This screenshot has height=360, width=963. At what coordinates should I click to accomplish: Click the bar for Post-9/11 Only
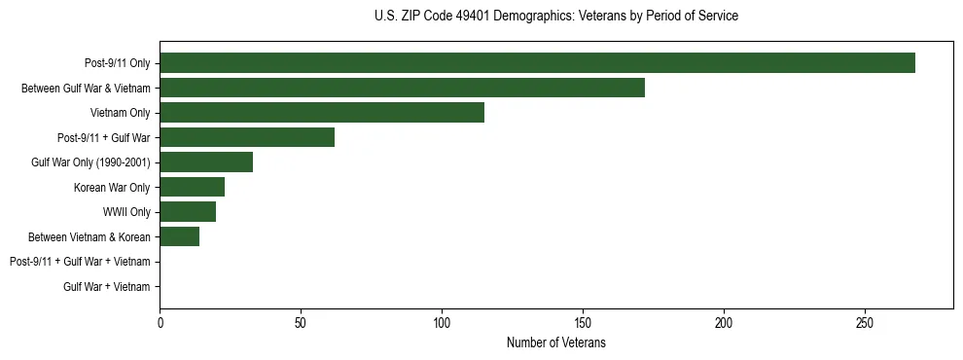click(537, 63)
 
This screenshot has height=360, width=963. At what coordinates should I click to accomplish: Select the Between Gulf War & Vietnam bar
click(402, 88)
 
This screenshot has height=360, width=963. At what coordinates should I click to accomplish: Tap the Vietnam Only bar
click(322, 113)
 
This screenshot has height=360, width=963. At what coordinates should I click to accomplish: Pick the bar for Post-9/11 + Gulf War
click(247, 137)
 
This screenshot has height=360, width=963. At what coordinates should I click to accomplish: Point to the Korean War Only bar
click(193, 187)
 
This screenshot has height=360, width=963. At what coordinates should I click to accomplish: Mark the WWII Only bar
click(188, 211)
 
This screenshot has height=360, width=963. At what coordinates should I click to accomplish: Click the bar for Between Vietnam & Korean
click(180, 236)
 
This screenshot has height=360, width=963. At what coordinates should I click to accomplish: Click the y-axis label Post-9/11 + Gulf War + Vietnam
click(80, 262)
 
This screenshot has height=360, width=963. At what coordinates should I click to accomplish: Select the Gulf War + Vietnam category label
click(107, 286)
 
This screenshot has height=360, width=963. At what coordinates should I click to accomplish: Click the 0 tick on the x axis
click(160, 322)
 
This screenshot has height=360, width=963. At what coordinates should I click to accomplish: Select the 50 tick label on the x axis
click(301, 322)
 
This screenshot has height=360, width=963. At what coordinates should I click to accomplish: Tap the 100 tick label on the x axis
click(442, 322)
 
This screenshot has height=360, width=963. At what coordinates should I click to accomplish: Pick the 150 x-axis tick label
click(583, 322)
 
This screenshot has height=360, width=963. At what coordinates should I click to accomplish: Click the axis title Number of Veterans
click(555, 342)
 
